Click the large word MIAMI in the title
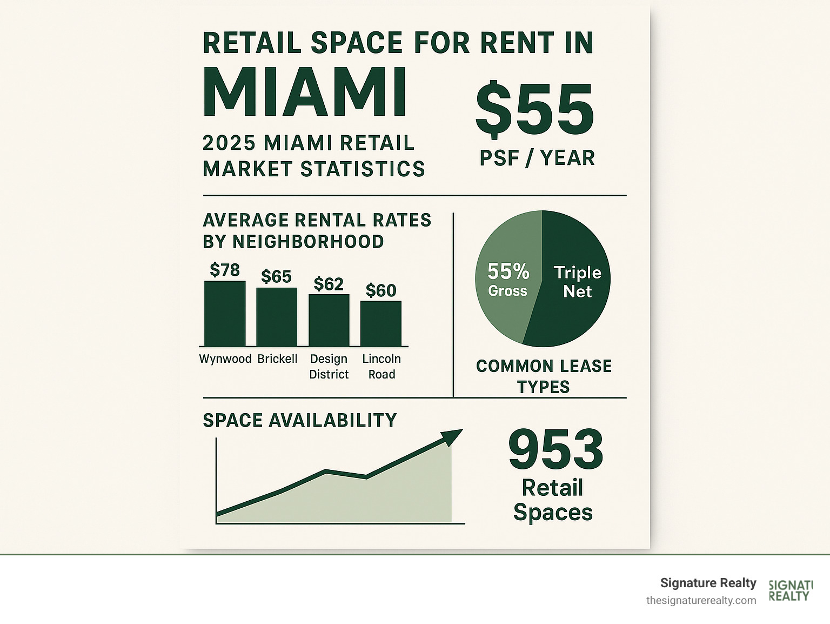click(304, 92)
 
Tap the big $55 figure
click(534, 110)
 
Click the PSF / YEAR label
click(537, 158)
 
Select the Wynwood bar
click(225, 314)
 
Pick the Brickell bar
click(277, 317)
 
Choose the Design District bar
click(329, 320)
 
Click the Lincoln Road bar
click(381, 323)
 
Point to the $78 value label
click(225, 270)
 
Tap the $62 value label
click(329, 284)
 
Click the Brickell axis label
click(277, 359)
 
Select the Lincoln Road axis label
click(381, 367)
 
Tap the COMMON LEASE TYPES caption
click(544, 376)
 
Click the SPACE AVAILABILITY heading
click(300, 420)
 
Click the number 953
click(555, 449)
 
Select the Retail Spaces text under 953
click(553, 500)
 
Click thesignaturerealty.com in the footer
click(701, 600)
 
